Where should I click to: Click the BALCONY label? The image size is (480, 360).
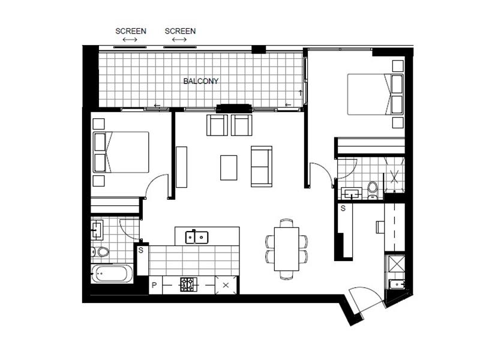[x=201, y=81]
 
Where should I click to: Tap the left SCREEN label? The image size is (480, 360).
[x=131, y=31]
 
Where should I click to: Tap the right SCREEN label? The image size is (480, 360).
[x=180, y=31]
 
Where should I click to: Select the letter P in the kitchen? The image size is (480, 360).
[x=154, y=286]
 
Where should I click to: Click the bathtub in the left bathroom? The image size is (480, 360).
[x=112, y=274]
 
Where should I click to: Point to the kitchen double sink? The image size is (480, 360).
[x=197, y=237]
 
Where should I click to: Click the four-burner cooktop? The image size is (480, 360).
[x=188, y=284]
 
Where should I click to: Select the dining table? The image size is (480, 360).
[x=287, y=248]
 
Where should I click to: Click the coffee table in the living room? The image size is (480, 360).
[x=229, y=168]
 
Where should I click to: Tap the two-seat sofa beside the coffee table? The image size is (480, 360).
[x=262, y=166]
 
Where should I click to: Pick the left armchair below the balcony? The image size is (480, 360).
[x=217, y=125]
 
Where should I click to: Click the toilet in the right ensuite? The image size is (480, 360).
[x=373, y=190]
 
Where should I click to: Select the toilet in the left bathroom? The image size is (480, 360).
[x=101, y=251]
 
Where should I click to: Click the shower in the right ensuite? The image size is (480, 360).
[x=394, y=175]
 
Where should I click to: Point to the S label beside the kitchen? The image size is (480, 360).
[x=141, y=250]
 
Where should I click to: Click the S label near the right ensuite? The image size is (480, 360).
[x=343, y=208]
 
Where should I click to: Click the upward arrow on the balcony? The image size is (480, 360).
[x=301, y=93]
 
